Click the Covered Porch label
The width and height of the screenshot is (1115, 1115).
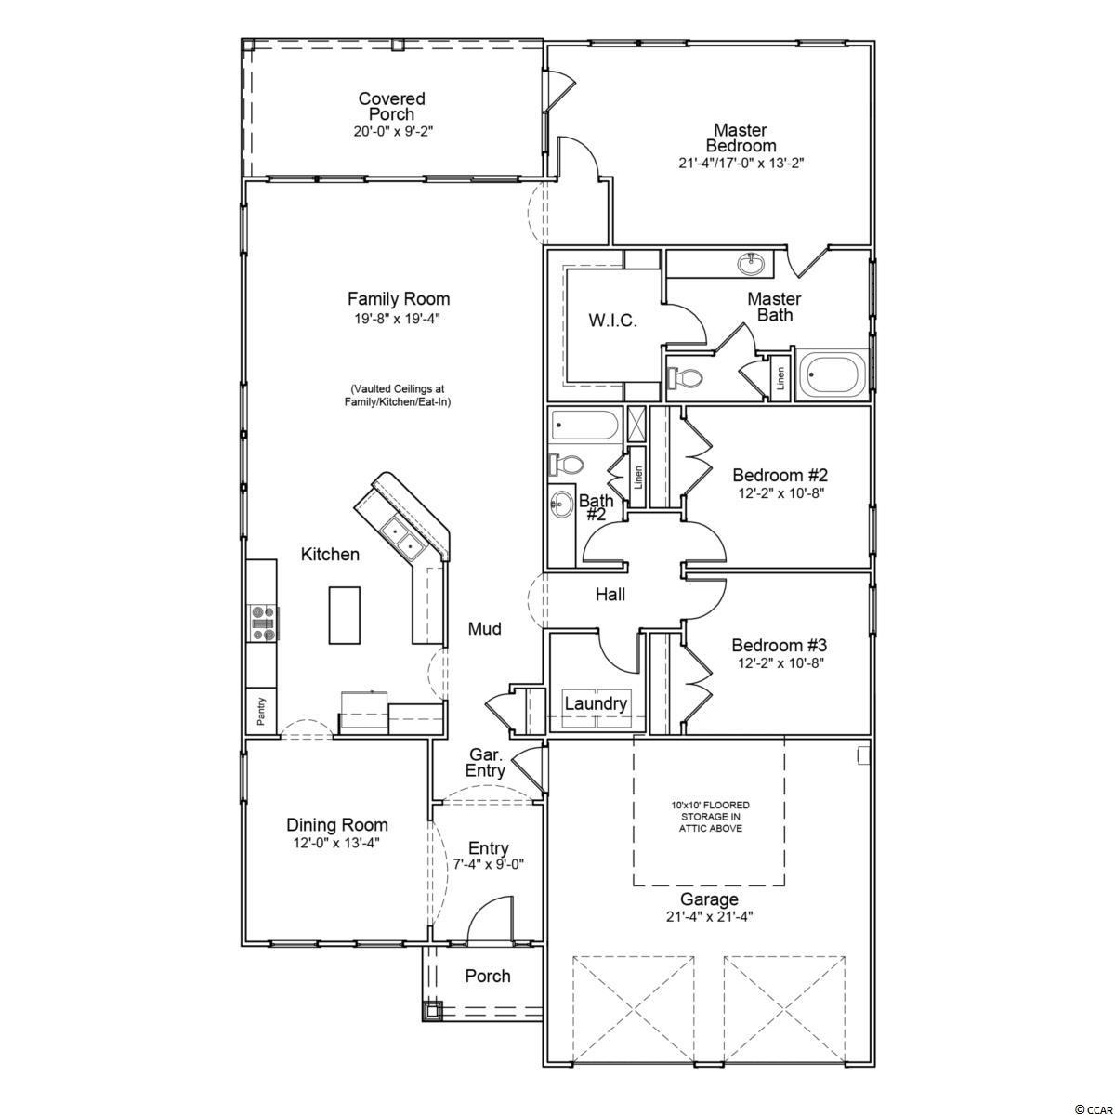(x=392, y=107)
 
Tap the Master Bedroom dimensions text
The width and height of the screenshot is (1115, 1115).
(x=741, y=164)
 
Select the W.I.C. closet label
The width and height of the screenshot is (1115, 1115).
(x=612, y=321)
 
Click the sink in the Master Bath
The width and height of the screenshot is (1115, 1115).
(x=751, y=264)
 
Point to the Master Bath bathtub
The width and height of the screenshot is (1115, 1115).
(x=833, y=374)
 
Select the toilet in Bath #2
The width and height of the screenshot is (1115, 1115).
(x=566, y=464)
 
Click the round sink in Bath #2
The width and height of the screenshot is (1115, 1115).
(x=560, y=504)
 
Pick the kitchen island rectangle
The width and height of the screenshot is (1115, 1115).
(x=345, y=615)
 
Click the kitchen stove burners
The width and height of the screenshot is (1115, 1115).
(x=262, y=623)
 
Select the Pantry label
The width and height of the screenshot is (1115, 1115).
(x=261, y=711)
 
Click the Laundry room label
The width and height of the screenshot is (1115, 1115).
(x=596, y=703)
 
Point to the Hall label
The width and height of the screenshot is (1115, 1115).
(x=610, y=595)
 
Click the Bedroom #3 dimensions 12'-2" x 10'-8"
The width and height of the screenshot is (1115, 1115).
(x=780, y=663)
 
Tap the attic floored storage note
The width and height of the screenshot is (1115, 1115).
(x=710, y=817)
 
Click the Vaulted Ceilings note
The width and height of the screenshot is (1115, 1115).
(x=398, y=395)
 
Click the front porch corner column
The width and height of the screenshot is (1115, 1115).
(x=432, y=1011)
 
